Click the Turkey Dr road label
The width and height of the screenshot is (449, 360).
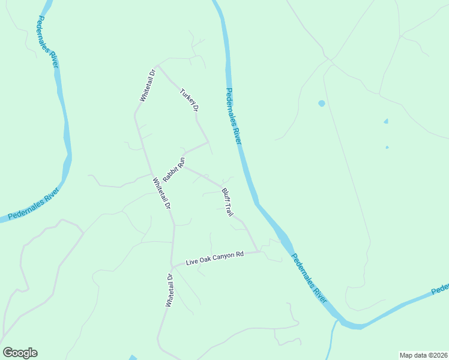189,100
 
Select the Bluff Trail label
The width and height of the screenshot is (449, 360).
227,202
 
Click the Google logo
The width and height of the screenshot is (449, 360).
20,353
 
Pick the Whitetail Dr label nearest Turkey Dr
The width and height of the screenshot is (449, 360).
147,85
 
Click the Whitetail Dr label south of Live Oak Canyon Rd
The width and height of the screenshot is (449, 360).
169,290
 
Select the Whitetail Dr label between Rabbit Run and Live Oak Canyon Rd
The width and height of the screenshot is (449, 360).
162,193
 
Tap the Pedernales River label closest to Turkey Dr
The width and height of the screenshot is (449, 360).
233,116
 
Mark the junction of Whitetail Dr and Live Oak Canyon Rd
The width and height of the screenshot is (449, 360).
172,265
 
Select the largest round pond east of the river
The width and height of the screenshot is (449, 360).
322,103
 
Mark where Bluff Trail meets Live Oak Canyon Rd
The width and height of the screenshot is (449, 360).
259,251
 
